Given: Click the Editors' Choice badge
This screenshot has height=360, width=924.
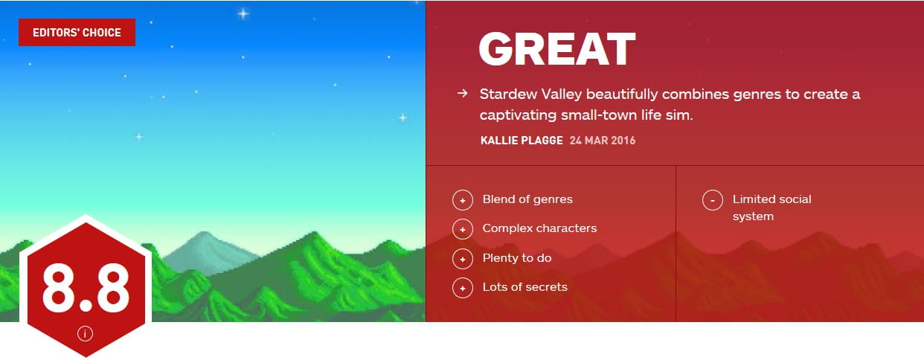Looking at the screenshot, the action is tap(77, 32).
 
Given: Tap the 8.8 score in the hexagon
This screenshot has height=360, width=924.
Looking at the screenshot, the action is tap(86, 287).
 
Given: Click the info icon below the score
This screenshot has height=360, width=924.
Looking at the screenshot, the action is tap(85, 334).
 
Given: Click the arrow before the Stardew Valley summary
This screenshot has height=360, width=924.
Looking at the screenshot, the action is tap(463, 94).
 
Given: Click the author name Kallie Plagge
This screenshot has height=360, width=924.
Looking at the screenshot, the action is tap(522, 140).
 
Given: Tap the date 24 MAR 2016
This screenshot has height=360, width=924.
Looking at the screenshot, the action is tap(603, 140).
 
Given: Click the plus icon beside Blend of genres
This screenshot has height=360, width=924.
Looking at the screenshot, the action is tap(463, 200).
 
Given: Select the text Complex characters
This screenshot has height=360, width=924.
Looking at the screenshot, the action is tap(539, 228).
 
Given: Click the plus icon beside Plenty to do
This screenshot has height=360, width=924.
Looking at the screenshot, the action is tap(463, 259).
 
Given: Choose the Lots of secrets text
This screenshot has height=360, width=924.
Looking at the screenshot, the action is tap(524, 286).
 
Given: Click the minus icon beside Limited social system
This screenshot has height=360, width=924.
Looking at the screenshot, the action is tap(713, 200).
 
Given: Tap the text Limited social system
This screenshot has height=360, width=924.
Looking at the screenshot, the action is tap(771, 208).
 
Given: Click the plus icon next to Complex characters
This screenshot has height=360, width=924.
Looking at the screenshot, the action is tap(463, 229).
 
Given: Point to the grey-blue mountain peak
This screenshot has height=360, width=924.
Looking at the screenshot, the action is tap(203, 234).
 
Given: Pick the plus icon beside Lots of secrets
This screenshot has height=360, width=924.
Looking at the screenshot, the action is tap(463, 288).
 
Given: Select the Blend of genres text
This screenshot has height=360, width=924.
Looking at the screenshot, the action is tap(527, 199).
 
